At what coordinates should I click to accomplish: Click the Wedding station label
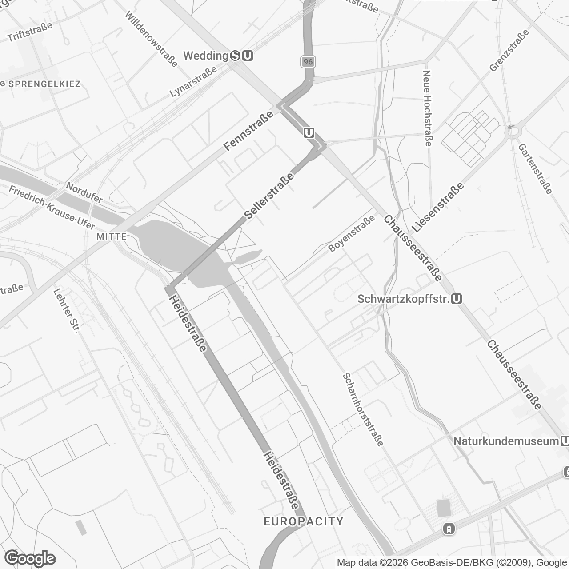(x=206, y=56)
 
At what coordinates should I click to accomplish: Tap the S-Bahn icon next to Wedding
(x=236, y=56)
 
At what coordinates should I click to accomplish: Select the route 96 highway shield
(x=308, y=62)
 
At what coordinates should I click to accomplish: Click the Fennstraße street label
(x=248, y=131)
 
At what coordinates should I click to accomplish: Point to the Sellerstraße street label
(x=270, y=196)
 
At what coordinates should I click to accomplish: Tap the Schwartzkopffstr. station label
(x=403, y=299)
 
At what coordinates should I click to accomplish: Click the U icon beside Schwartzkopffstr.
(x=456, y=299)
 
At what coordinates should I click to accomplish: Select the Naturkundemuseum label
(x=506, y=441)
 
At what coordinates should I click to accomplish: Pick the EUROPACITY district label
(x=304, y=521)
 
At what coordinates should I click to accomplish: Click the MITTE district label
(x=112, y=236)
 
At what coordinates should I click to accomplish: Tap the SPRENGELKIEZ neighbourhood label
(x=44, y=84)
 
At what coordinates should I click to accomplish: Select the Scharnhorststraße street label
(x=363, y=409)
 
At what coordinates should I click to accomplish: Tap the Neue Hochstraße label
(x=427, y=108)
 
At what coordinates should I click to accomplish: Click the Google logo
(x=30, y=558)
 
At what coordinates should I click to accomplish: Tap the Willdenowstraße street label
(x=151, y=39)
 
